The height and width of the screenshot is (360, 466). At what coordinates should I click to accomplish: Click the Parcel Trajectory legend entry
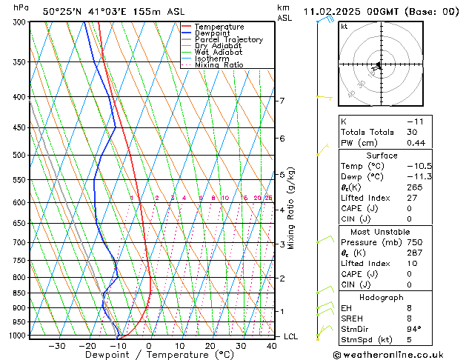[228, 39]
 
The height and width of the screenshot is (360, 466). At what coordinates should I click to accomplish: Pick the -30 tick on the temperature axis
[57, 346]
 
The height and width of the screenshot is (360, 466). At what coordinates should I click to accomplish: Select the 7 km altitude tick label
[282, 101]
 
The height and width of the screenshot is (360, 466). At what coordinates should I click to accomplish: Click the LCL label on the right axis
[292, 336]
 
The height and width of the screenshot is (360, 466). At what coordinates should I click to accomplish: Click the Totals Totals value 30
[412, 132]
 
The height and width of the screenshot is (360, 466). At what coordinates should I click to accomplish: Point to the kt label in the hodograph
[344, 26]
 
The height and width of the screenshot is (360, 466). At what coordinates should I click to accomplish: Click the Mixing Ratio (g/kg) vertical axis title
[291, 208]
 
